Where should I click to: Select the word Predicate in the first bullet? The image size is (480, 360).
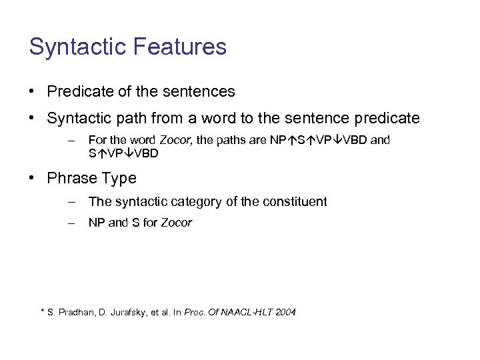click(78, 91)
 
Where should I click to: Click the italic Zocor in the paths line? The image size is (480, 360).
click(176, 140)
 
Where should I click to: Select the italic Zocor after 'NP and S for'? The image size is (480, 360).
click(176, 223)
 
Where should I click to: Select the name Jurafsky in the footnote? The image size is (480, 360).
click(131, 313)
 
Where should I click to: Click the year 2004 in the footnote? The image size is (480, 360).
click(285, 313)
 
